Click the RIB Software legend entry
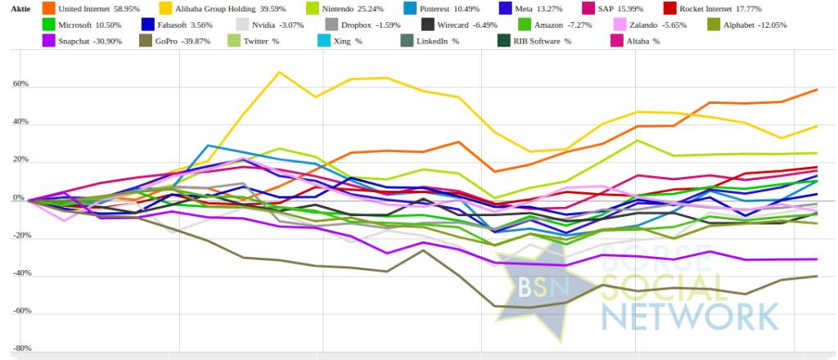543,41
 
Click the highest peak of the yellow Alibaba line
280,72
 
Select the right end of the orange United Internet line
817,89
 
